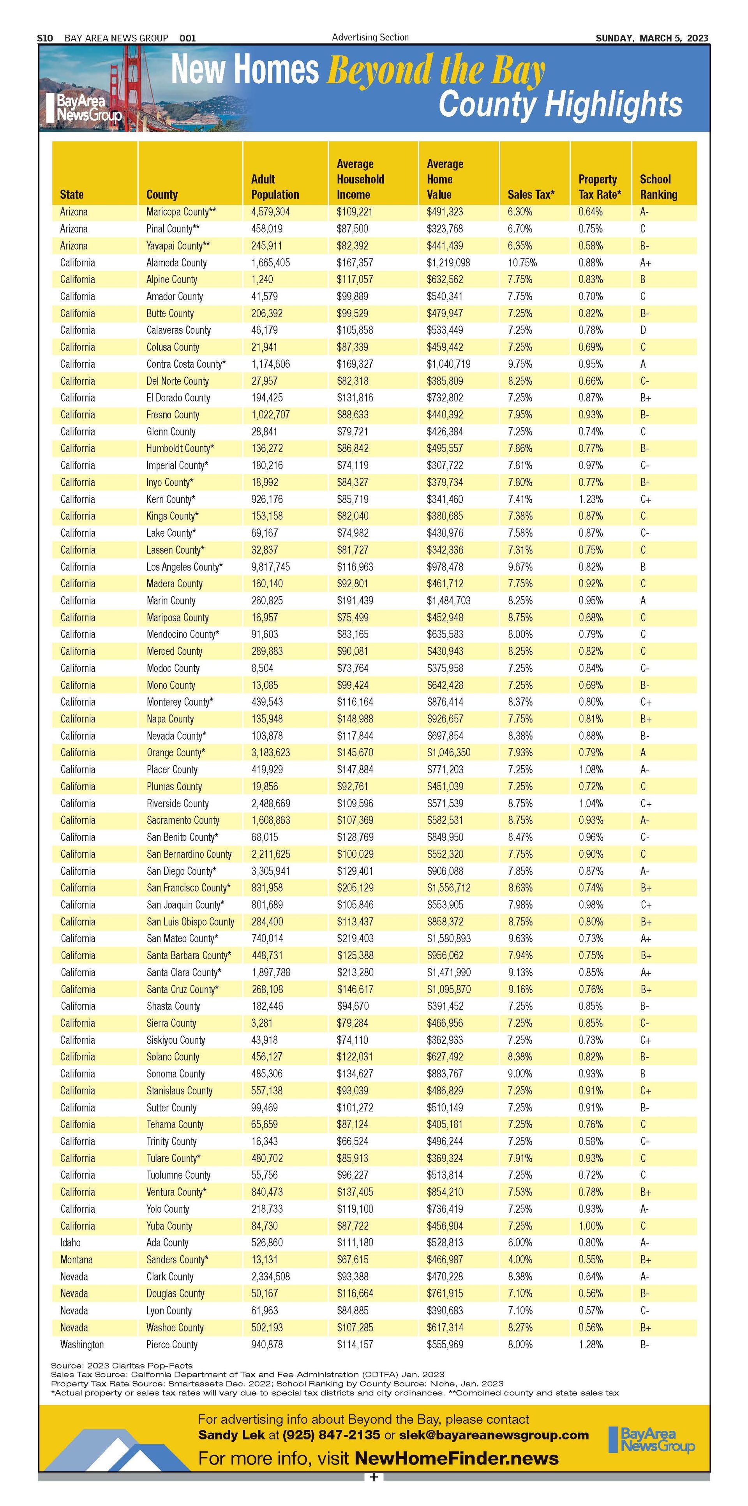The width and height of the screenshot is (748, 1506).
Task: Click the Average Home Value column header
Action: [x=445, y=180]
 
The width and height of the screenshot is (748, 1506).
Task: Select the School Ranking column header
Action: [x=658, y=187]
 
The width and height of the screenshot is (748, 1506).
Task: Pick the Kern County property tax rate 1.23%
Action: [x=591, y=499]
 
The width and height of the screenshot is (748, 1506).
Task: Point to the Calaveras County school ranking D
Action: [x=643, y=330]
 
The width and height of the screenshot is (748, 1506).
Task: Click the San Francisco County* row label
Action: [x=188, y=888]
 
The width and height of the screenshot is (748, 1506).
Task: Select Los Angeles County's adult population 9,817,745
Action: [x=270, y=567]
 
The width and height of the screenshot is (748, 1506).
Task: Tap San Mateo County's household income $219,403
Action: [x=355, y=938]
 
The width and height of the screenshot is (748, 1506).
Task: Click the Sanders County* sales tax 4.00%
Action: [x=520, y=1259]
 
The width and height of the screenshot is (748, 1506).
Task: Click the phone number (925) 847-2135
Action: [x=331, y=1435]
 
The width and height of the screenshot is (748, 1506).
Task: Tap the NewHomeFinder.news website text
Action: [x=456, y=1458]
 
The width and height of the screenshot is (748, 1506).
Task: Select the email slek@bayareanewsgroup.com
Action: [x=494, y=1435]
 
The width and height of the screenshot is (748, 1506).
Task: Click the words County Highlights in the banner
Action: [x=560, y=105]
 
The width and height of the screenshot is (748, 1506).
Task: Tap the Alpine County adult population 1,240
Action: [x=262, y=280]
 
